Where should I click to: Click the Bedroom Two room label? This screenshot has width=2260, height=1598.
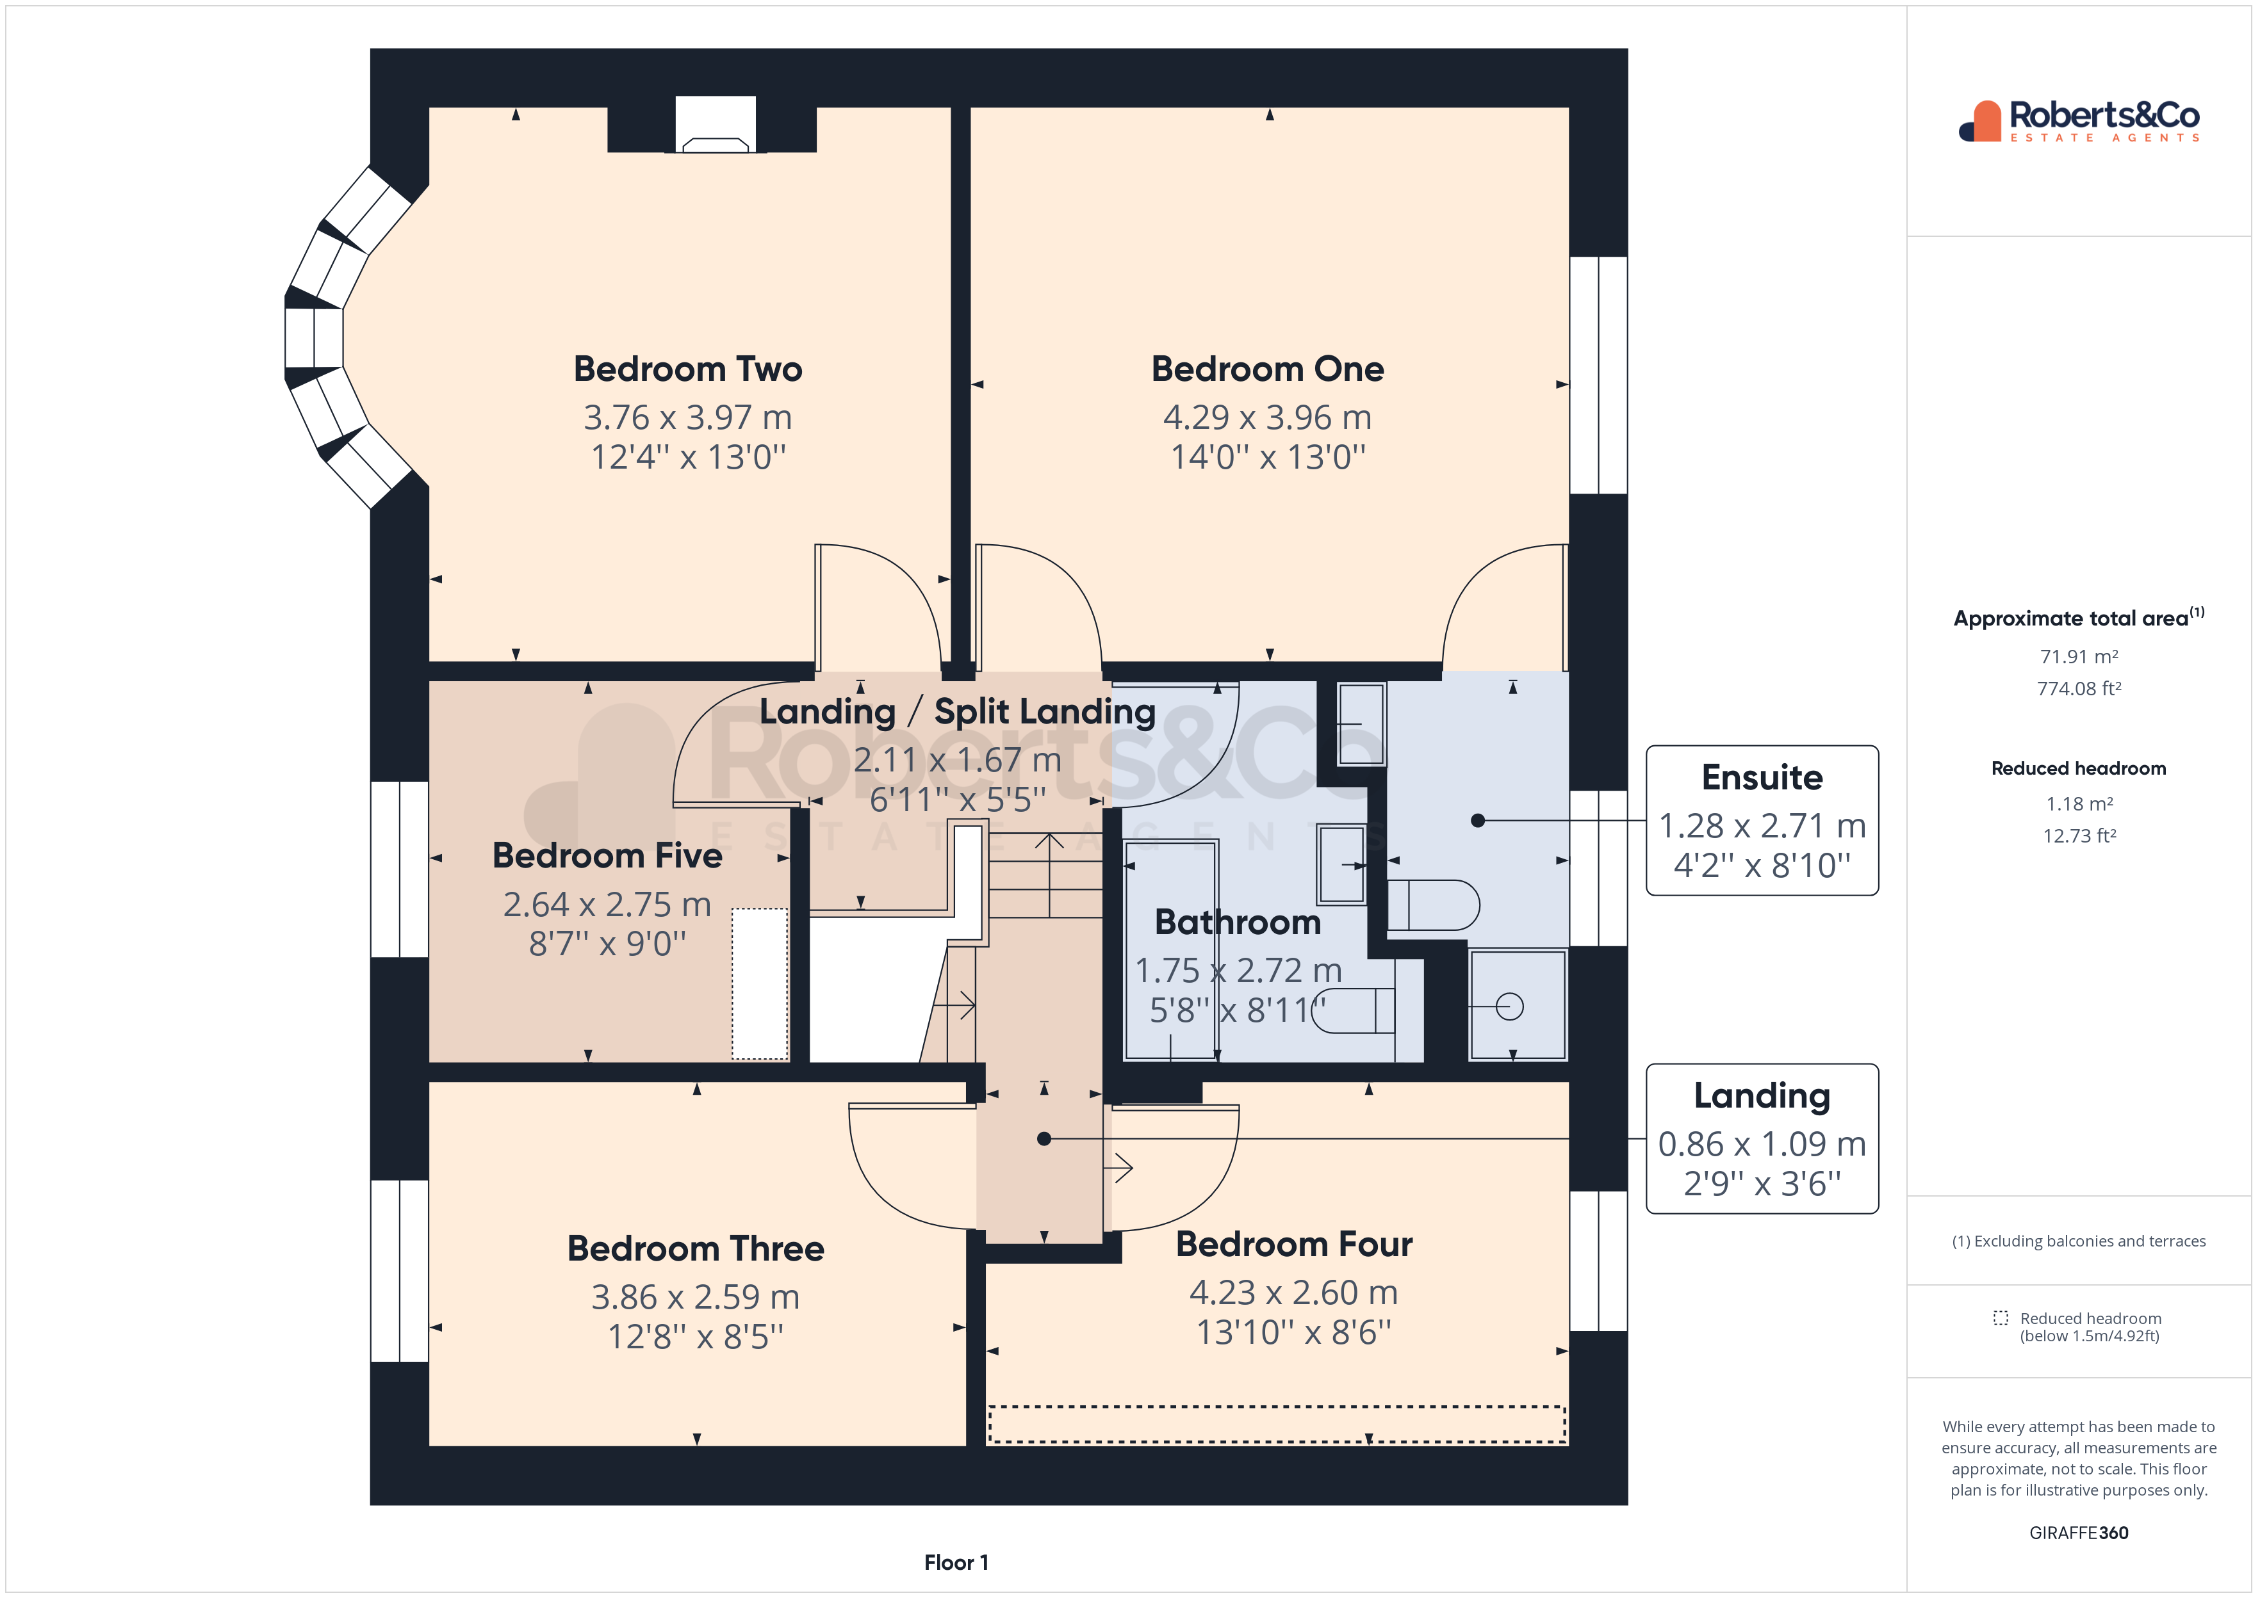pos(687,369)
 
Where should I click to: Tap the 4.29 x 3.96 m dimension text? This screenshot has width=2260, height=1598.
pos(1267,417)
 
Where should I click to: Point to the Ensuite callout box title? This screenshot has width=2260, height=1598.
pos(1761,777)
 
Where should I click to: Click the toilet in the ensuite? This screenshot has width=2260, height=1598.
pos(1433,904)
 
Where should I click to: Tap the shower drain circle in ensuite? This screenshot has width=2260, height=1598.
pos(1509,1006)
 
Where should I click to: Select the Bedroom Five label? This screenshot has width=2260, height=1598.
pos(607,855)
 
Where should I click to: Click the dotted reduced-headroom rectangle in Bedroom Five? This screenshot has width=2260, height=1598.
pos(759,983)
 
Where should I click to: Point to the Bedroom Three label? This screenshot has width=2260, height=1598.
pos(695,1248)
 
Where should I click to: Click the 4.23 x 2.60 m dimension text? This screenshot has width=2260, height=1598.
pos(1293,1292)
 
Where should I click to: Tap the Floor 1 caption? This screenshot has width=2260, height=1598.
pos(956,1562)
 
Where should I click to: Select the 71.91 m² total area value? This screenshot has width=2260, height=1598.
pos(2078,656)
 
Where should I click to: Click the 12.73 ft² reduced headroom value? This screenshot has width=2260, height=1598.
pos(2078,835)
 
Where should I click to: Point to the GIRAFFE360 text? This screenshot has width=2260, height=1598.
pos(2078,1532)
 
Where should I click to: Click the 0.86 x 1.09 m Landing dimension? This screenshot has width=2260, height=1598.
pos(1761,1143)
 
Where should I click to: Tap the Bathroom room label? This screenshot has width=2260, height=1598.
pos(1236,922)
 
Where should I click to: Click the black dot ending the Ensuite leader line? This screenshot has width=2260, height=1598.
pos(1477,819)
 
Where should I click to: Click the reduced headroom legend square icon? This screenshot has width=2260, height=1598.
pos(2000,1318)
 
